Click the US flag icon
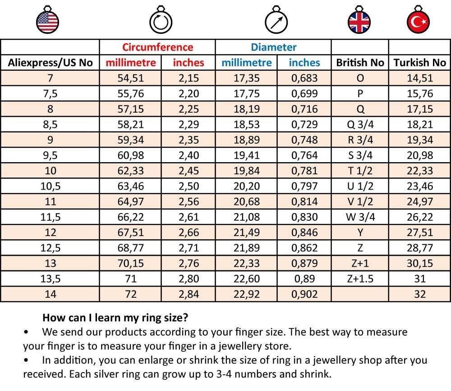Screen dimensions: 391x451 point(47,21)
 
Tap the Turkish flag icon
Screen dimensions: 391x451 point(418,21)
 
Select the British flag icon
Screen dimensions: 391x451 point(359,21)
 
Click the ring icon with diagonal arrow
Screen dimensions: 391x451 point(276,21)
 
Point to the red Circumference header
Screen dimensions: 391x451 point(157,47)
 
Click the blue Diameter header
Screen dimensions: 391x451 point(273,47)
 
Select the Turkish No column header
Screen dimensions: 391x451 point(419,63)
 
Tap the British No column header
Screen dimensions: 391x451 point(360,63)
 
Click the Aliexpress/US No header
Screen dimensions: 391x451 point(50,63)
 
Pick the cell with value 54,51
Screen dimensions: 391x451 point(131,78)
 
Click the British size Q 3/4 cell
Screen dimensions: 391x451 point(360,124)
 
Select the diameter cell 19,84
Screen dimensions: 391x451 point(247,171)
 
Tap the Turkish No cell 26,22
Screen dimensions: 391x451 point(419,217)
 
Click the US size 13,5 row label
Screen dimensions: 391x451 point(50,279)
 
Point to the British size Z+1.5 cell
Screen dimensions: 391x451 point(360,279)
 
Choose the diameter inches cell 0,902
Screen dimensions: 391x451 point(304,295)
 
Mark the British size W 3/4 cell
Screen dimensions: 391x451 point(360,217)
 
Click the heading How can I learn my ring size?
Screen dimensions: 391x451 point(115,318)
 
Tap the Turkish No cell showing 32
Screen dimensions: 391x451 point(419,295)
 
